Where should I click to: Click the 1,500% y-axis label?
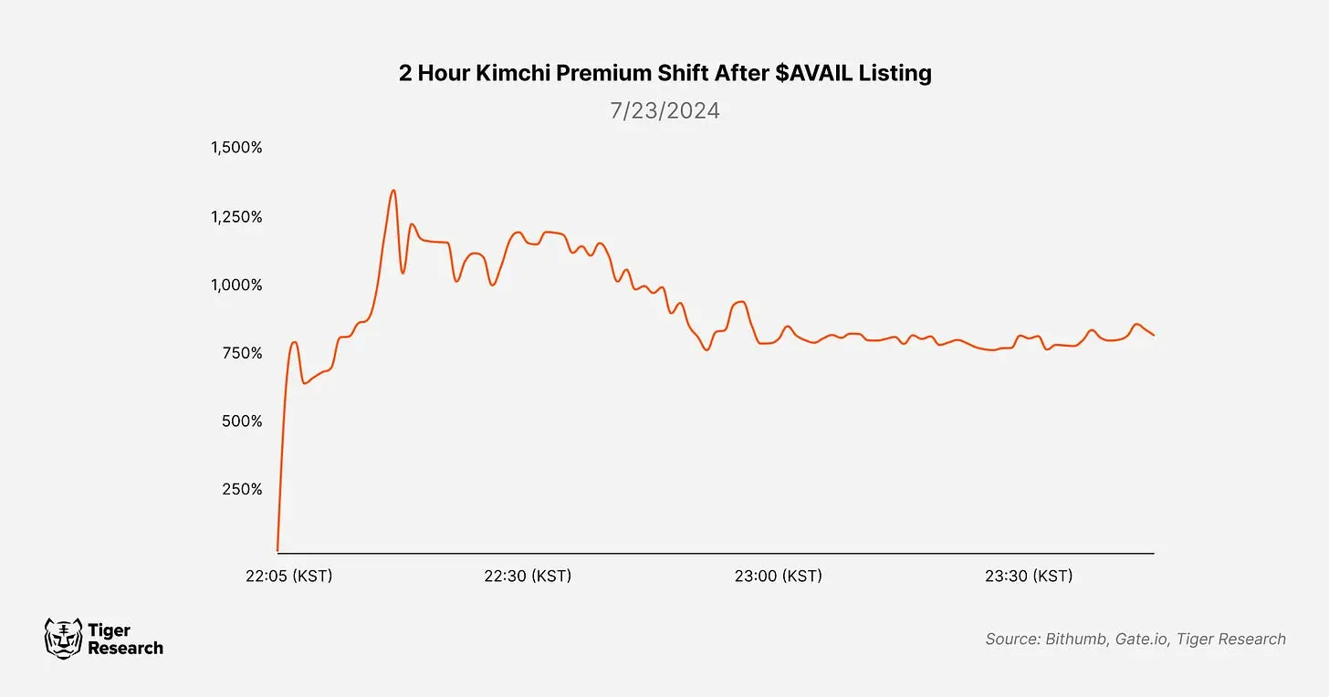point(236,148)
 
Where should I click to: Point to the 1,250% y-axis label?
point(236,217)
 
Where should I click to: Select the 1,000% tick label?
point(236,286)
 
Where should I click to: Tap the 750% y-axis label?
point(242,353)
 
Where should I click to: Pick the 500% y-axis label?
point(242,421)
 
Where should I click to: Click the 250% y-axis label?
point(242,489)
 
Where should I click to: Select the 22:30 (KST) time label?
point(528,577)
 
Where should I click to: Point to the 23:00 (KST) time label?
point(778,577)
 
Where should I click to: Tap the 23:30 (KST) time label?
point(1029,577)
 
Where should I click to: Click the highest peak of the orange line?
point(392,191)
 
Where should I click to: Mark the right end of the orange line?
point(1154,336)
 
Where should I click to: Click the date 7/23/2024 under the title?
point(664,111)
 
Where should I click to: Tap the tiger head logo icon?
point(62,638)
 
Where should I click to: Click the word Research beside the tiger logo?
point(125,649)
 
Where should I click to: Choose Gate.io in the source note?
point(1142,640)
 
